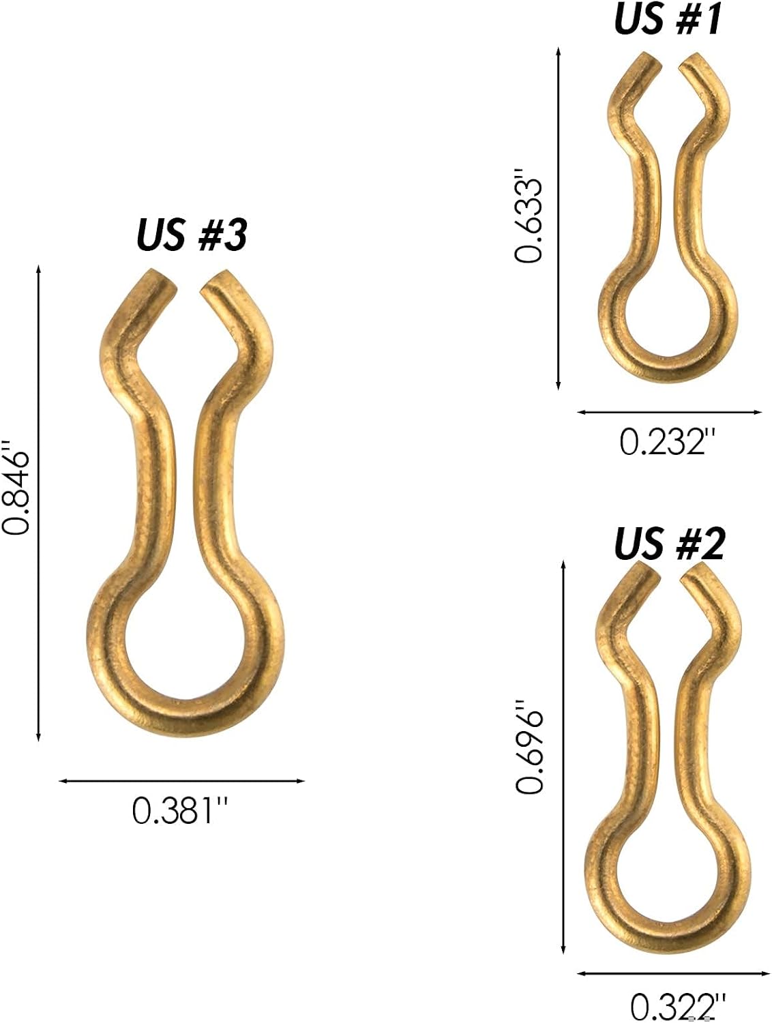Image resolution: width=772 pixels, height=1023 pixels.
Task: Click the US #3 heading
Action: click(192, 235)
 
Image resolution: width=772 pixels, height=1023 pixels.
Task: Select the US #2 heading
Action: click(669, 544)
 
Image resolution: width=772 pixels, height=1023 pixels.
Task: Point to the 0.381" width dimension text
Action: click(180, 810)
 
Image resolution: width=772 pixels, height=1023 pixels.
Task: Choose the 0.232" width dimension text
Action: click(667, 442)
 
